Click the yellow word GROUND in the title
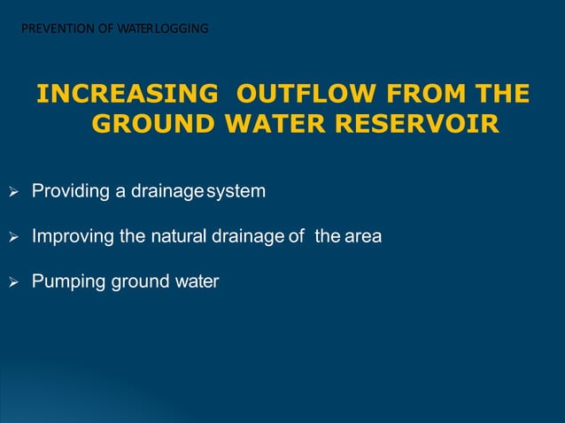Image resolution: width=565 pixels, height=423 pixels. pyautogui.click(x=153, y=125)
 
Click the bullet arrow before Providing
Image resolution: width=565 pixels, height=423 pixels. pyautogui.click(x=13, y=191)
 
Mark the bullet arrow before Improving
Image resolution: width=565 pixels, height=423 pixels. pyautogui.click(x=13, y=237)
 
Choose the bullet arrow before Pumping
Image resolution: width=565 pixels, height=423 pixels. pyautogui.click(x=13, y=283)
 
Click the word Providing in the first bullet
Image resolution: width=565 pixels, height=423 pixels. pyautogui.click(x=69, y=191)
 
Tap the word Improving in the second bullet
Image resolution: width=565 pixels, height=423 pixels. pyautogui.click(x=71, y=237)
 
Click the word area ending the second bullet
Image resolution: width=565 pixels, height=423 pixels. pyautogui.click(x=363, y=237)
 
